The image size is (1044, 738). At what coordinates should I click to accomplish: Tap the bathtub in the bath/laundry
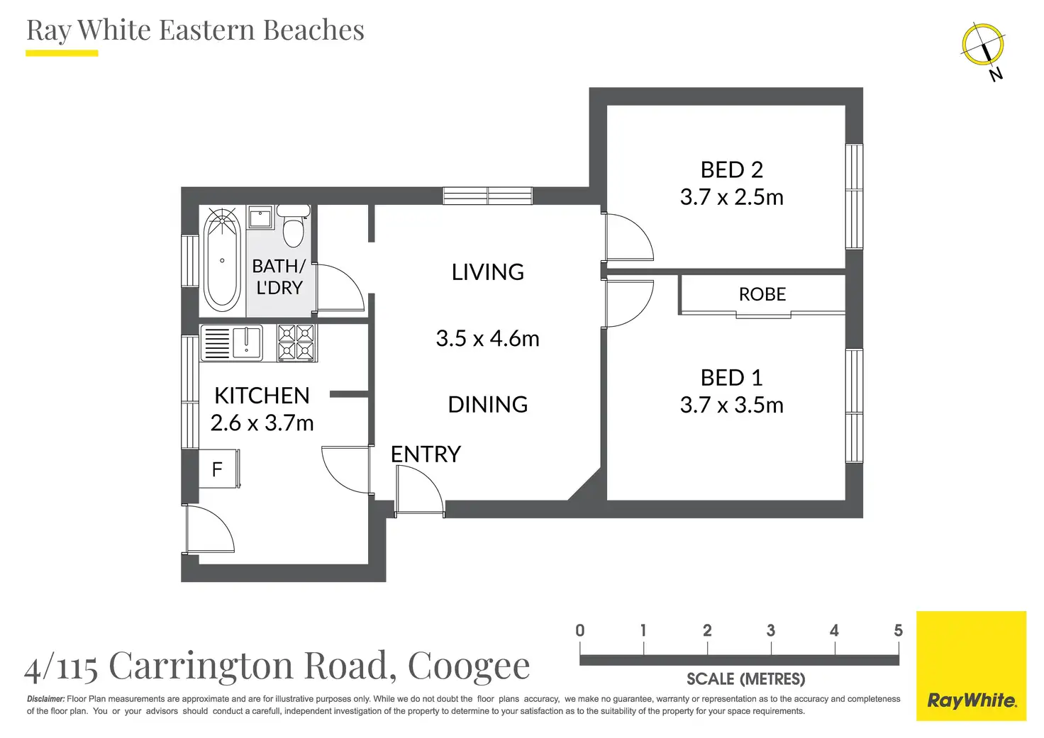click(222, 260)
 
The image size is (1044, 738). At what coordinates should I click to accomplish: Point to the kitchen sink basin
click(247, 342)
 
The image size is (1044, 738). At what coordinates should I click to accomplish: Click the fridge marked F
click(219, 469)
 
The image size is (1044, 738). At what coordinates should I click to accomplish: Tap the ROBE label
click(762, 294)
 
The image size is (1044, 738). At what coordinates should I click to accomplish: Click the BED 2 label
click(732, 170)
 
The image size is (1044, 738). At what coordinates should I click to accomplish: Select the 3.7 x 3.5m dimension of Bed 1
click(732, 405)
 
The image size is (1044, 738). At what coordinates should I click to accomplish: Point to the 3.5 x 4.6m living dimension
click(487, 339)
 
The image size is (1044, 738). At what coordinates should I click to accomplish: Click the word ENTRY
click(426, 454)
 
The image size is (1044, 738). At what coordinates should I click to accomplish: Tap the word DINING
click(487, 404)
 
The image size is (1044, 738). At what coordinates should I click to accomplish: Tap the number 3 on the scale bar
click(771, 630)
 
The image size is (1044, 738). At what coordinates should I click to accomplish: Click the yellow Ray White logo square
click(971, 666)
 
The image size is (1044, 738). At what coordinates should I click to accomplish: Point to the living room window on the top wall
click(487, 196)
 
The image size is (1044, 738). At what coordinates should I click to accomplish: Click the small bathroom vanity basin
click(260, 218)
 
